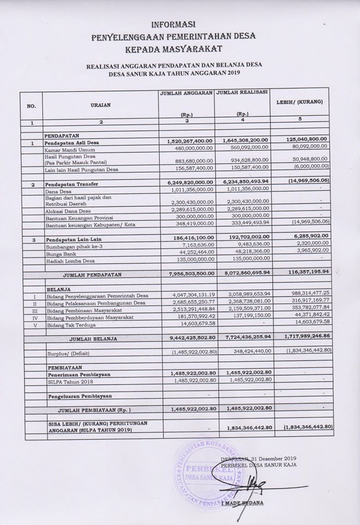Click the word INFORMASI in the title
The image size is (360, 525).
[174, 25]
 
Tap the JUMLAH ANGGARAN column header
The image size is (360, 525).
[186, 94]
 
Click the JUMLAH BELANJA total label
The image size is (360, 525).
[92, 339]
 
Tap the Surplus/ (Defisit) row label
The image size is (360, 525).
[68, 354]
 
